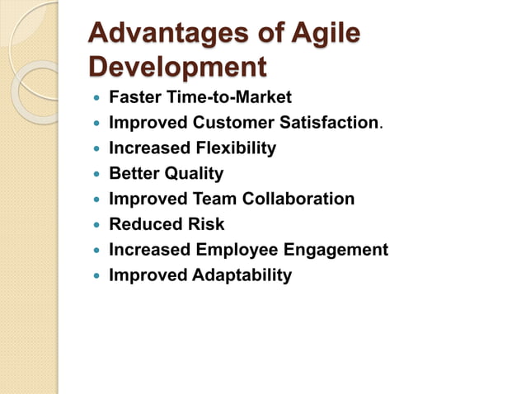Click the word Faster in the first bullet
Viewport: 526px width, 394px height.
134,98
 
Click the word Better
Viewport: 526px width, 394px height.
134,174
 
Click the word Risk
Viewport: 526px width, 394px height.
205,224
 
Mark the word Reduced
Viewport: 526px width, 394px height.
144,224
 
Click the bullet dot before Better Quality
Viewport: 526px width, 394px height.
97,175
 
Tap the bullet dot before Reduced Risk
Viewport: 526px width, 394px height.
97,225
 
